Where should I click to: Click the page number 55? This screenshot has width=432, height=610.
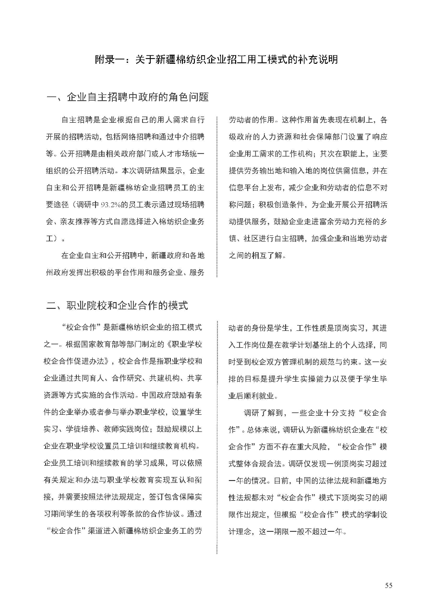388,585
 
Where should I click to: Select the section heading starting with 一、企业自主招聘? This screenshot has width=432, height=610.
127,97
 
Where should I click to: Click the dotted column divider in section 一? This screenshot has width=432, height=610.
217,197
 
